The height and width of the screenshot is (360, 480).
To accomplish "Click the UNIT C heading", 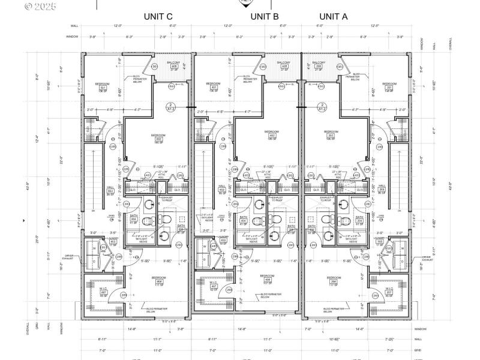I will (x=158, y=17).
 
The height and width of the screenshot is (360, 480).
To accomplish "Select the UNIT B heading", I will (x=264, y=17).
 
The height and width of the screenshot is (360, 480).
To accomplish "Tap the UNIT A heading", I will (x=333, y=17).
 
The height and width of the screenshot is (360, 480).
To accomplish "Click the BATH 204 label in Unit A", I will (x=359, y=220).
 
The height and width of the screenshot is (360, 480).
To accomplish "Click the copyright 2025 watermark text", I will (x=40, y=7).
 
